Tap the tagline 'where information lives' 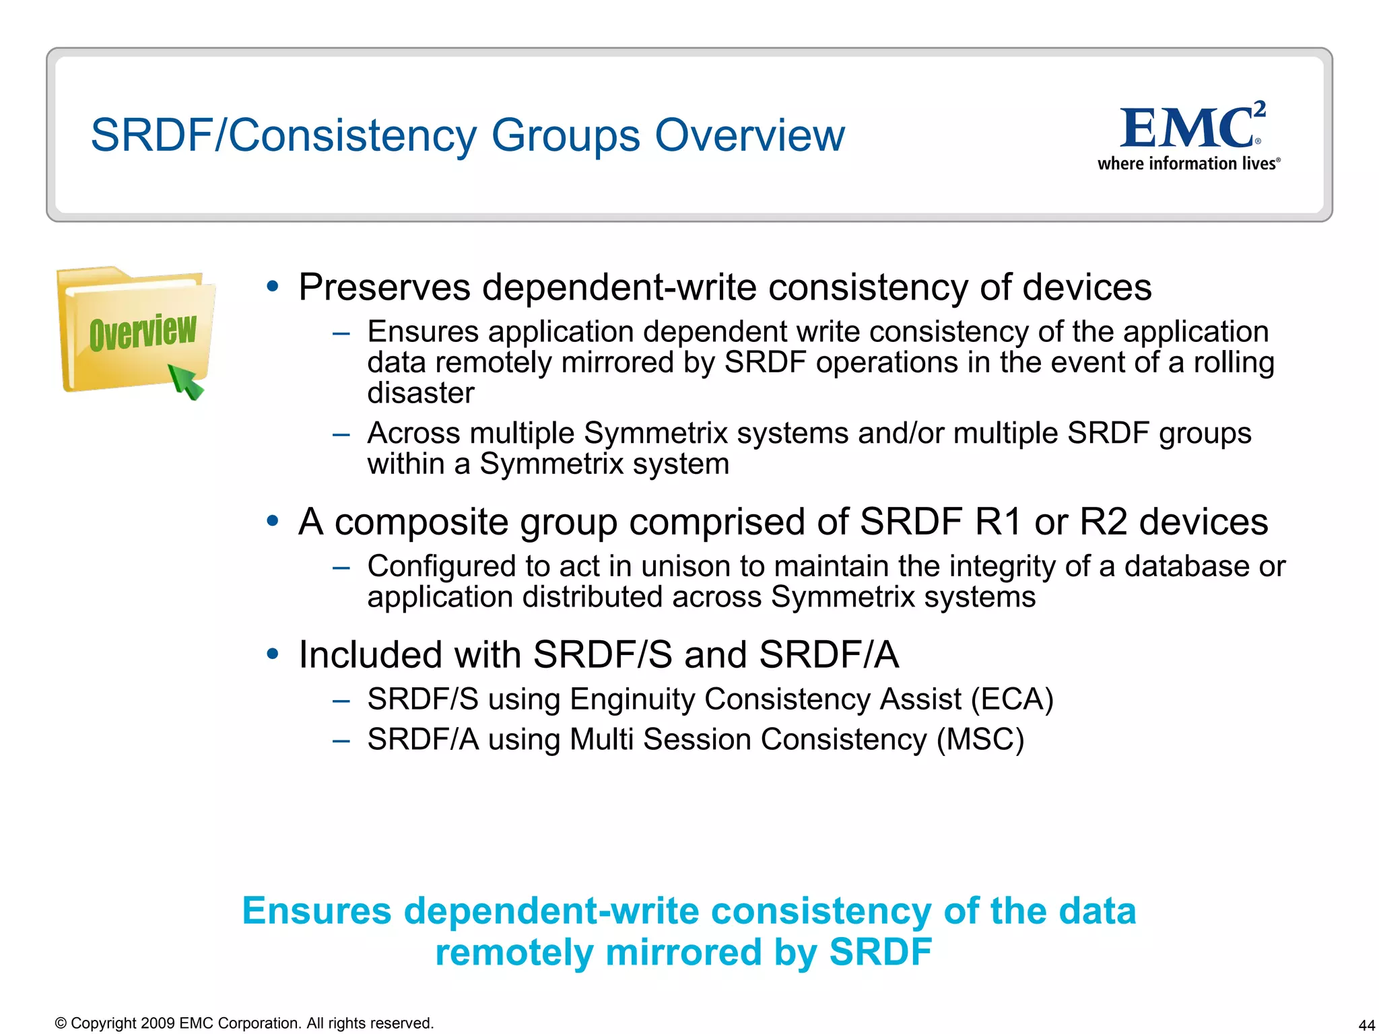pos(1186,164)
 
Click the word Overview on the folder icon pos(143,332)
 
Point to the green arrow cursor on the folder pos(185,382)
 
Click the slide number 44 pos(1366,1025)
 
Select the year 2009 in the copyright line pos(158,1023)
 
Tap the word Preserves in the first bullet pos(384,287)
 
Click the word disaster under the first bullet pos(421,393)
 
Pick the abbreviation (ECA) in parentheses pos(1012,699)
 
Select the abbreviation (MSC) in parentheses pos(980,740)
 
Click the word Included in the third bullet pos(410,654)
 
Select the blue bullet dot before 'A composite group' pos(273,520)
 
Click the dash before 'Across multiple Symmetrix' pos(341,434)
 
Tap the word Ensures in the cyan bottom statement pos(316,911)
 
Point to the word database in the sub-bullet pos(1186,566)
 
